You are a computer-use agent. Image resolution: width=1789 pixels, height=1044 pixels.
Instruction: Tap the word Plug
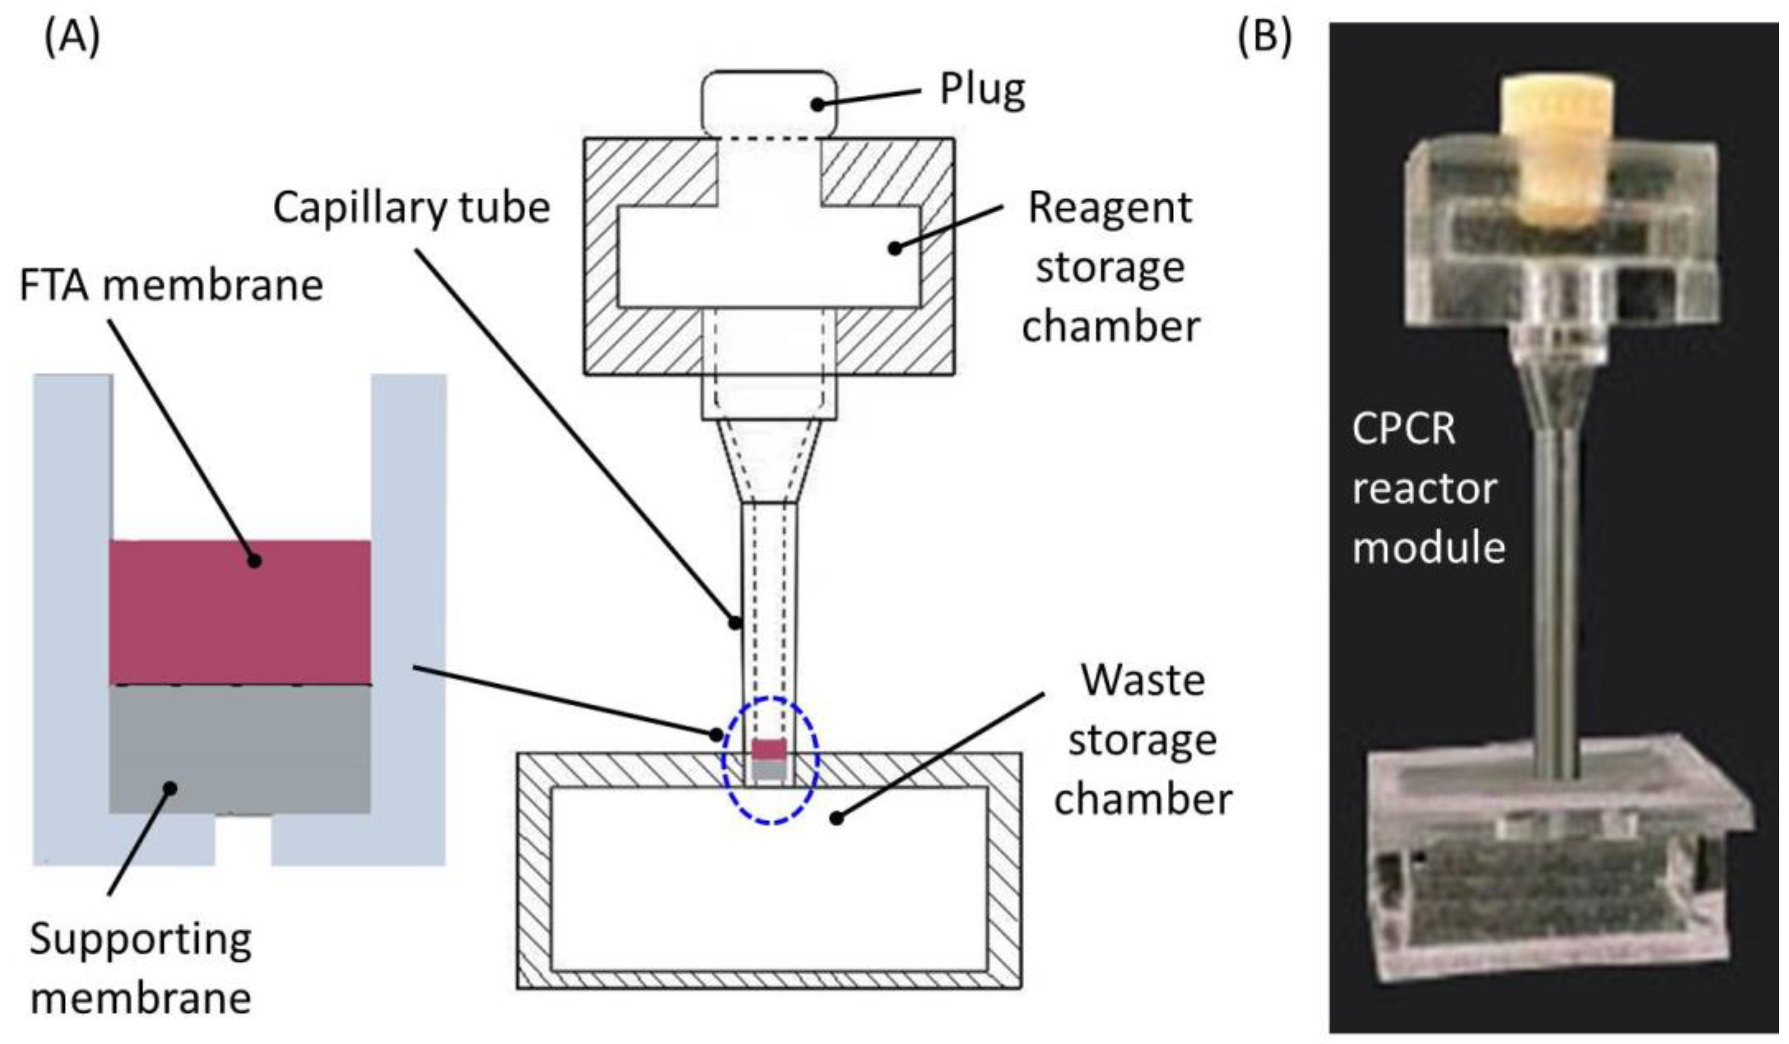click(982, 90)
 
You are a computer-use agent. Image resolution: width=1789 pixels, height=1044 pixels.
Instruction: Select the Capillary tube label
click(412, 208)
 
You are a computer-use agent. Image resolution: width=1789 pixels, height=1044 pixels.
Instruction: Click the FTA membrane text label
click(171, 285)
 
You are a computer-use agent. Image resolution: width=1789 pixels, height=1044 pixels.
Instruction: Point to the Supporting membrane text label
click(140, 969)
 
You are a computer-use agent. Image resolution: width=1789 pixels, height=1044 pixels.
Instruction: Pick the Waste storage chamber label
click(1142, 739)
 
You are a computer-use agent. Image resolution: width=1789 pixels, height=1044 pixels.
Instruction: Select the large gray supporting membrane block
click(239, 749)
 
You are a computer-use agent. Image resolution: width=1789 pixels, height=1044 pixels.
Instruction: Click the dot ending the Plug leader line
click(818, 104)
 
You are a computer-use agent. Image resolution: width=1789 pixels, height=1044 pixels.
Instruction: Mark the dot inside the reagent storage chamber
click(895, 248)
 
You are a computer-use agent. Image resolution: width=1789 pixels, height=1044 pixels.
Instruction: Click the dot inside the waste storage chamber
click(838, 818)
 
